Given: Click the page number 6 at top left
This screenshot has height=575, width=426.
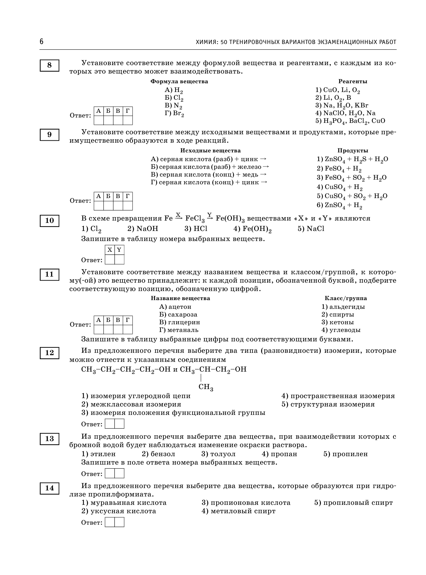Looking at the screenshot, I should pyautogui.click(x=42, y=42).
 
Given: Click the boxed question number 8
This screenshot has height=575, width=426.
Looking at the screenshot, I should pyautogui.click(x=49, y=65).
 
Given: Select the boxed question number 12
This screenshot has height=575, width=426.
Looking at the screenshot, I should pyautogui.click(x=49, y=353).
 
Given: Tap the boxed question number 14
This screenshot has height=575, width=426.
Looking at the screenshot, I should pyautogui.click(x=49, y=488).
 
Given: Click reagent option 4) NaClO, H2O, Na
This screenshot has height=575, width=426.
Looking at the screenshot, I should pyautogui.click(x=345, y=113).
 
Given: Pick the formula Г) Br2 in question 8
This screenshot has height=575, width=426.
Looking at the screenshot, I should pyautogui.click(x=175, y=113).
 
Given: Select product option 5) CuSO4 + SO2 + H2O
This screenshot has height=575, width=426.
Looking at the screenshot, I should pyautogui.click(x=352, y=196).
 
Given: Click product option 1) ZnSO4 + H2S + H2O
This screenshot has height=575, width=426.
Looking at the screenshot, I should pyautogui.click(x=352, y=159).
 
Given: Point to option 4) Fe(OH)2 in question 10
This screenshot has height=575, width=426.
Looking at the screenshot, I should pyautogui.click(x=252, y=229).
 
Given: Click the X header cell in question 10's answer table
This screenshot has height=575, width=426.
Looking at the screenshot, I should pyautogui.click(x=110, y=250).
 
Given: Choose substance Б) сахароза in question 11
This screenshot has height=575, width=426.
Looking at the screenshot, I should pyautogui.click(x=178, y=315).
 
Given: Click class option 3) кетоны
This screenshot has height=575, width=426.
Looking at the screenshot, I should pyautogui.click(x=338, y=322).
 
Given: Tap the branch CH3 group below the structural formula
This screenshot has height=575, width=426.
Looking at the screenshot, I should pyautogui.click(x=206, y=387).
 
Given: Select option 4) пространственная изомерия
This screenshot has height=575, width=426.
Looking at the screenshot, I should pyautogui.click(x=338, y=396).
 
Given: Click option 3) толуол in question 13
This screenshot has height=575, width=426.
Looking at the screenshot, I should pyautogui.click(x=219, y=454).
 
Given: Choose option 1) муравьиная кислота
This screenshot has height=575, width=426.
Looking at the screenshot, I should pyautogui.click(x=124, y=502).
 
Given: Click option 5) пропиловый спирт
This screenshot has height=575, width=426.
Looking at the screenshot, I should pyautogui.click(x=353, y=502).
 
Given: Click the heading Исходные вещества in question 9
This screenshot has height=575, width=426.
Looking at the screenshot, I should pyautogui.click(x=210, y=151).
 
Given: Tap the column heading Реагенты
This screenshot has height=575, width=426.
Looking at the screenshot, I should pyautogui.click(x=352, y=82).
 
